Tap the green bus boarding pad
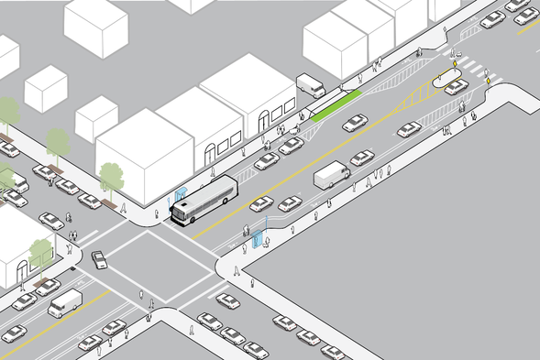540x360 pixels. [x=325, y=113]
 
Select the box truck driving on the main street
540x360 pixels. [x=331, y=175]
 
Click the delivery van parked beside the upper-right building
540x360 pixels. [x=311, y=86]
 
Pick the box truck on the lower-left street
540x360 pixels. [x=64, y=302]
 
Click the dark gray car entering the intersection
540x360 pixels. [x=99, y=260]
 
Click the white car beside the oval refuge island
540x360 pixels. [x=456, y=87]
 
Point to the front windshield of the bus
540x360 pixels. [x=181, y=213]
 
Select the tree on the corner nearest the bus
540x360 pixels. [x=112, y=176]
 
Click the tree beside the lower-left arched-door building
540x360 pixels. [x=41, y=250]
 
